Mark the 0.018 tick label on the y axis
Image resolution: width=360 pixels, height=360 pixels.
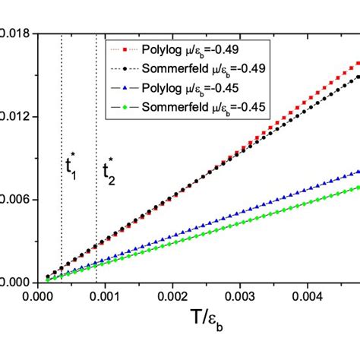coord(15,34)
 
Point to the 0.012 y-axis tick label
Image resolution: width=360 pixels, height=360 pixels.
coord(15,117)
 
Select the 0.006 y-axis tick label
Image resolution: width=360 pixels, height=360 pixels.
coord(15,200)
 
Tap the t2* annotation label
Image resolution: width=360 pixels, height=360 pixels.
coord(110,171)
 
